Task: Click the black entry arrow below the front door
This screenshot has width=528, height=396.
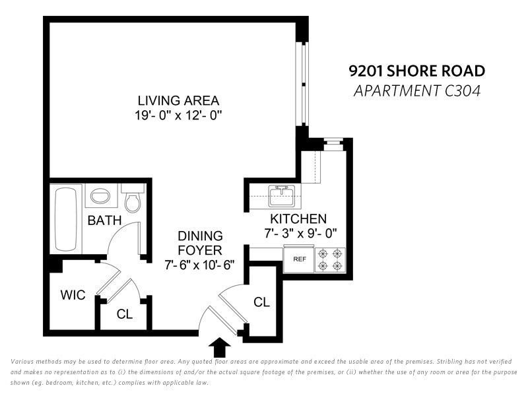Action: point(220,347)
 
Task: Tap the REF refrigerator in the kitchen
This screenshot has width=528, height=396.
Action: point(299,259)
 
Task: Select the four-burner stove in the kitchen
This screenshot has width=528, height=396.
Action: point(330,260)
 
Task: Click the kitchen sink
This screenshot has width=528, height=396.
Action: point(282,195)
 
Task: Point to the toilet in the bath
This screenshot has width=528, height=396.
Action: point(133,199)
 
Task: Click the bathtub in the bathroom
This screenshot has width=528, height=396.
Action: point(65,219)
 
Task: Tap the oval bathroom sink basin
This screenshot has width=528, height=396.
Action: point(100,195)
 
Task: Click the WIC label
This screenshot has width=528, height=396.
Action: point(73,295)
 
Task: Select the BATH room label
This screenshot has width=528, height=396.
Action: point(104,220)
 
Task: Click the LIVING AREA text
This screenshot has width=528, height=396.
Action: point(178,101)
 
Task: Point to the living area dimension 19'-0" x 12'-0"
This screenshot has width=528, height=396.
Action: point(178,115)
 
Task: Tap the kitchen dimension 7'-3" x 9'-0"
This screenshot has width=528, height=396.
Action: point(300,233)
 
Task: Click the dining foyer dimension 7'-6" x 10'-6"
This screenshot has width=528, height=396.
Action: point(199,265)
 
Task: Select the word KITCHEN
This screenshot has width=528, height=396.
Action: point(298,219)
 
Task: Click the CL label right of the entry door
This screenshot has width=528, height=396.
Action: point(261,302)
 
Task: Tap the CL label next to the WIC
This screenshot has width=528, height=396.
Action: point(125,314)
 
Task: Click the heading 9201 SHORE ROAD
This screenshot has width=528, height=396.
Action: point(417,71)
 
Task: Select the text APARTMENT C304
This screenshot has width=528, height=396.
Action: point(417,91)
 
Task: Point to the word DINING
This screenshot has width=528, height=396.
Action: point(200,236)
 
